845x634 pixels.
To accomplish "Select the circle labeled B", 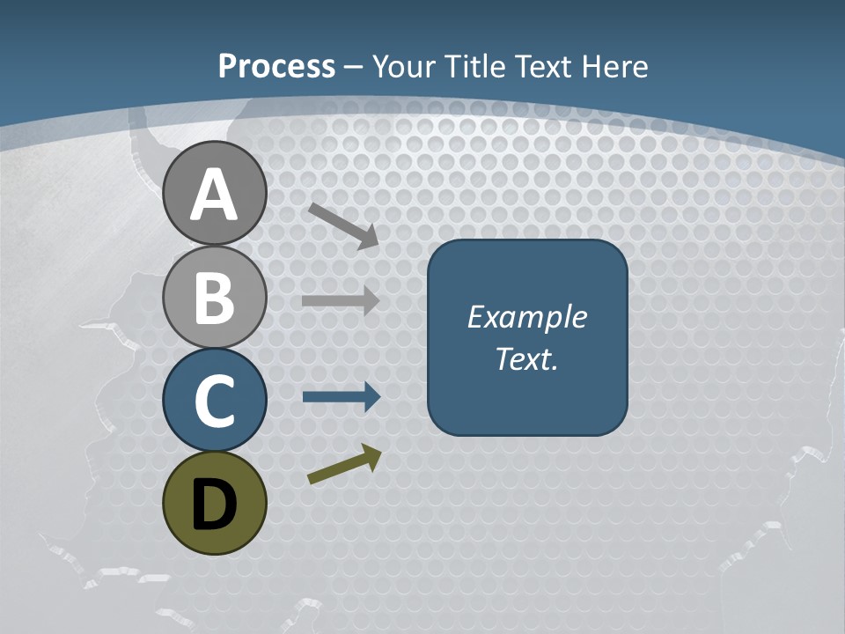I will coord(215,298).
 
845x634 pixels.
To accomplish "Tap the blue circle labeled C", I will coord(215,401).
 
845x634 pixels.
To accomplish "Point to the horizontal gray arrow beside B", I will coord(341,300).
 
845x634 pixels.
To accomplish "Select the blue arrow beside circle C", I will coord(341,397).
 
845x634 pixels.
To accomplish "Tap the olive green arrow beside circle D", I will coord(344,464).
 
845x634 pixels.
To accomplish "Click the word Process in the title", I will coord(276,66).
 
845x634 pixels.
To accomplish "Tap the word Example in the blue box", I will coord(526,317).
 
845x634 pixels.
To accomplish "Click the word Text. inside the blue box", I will coord(526,358).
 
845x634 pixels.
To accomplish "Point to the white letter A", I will coord(215,195).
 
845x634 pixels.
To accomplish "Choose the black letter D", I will coord(215,505).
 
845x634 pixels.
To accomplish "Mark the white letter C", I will coord(215,401).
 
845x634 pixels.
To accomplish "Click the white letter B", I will coord(215,298).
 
